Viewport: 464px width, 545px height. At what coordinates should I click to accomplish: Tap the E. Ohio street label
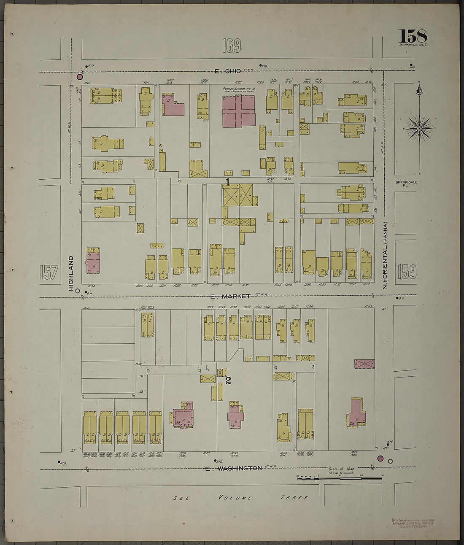point(227,71)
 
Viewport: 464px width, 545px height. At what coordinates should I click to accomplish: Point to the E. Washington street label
point(233,468)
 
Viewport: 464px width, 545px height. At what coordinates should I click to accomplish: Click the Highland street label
point(71,273)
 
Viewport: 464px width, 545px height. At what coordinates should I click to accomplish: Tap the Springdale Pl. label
point(405,183)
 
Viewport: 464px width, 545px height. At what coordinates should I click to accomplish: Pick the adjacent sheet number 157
point(49,272)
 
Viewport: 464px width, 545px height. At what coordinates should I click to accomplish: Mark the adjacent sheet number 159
point(406,272)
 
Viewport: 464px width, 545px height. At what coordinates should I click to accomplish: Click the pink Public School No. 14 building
point(239,111)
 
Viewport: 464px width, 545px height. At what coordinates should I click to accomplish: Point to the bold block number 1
point(228,182)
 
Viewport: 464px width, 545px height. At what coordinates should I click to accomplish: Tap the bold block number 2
point(228,380)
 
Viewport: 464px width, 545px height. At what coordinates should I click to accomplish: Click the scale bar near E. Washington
point(340,477)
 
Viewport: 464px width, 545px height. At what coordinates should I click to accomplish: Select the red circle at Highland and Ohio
point(80,77)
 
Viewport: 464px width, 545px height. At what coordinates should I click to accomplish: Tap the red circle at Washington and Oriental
point(380,459)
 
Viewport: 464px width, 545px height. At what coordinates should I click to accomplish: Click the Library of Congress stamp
point(413,523)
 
